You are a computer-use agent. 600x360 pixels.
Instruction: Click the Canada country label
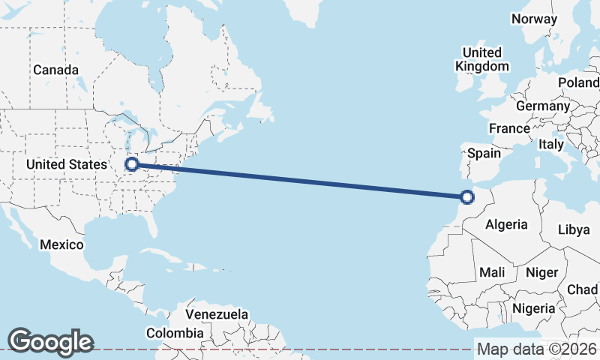pos(55,70)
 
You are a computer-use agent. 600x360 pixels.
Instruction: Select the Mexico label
pos(61,244)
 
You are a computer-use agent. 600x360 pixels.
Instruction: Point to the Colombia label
pos(174,332)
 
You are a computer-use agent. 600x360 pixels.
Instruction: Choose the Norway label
pos(535,19)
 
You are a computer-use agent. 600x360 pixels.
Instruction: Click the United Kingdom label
pos(481,59)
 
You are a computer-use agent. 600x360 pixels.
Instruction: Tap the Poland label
pos(579,82)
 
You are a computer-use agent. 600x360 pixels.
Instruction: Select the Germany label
pos(543,106)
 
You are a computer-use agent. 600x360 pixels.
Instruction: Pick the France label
pos(509,128)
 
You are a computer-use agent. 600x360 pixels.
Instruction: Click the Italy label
pos(551,144)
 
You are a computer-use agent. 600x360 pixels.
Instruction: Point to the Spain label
pos(484,153)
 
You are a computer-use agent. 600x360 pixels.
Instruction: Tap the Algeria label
pos(506,223)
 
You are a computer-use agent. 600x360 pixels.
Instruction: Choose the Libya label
pos(574,229)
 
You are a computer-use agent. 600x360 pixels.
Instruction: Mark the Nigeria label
pos(534,308)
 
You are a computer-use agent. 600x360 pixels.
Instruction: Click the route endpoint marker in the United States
pos(132,163)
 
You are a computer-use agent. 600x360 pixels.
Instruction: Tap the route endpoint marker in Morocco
pos(467,197)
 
